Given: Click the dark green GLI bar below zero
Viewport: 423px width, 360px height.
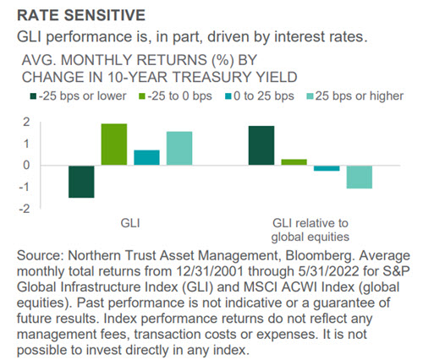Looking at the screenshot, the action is [x=81, y=182].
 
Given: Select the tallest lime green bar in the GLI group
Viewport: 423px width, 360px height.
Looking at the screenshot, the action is [x=114, y=145].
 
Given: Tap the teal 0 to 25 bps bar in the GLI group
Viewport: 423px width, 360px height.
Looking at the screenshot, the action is [x=146, y=157].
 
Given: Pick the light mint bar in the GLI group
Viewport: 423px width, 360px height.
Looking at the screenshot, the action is [x=179, y=148].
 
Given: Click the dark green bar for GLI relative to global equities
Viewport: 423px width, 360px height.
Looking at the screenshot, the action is [x=261, y=145].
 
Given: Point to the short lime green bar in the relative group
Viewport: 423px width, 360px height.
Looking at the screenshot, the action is [x=294, y=162].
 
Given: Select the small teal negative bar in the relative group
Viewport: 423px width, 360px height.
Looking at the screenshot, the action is [x=327, y=168].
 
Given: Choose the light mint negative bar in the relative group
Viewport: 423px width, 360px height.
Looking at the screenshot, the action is [x=360, y=177].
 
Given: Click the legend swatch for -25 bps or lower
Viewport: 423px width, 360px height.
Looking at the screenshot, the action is [x=34, y=96].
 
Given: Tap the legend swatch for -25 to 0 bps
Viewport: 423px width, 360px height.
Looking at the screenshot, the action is [x=142, y=96].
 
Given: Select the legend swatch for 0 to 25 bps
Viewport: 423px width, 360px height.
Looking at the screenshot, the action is [x=228, y=96].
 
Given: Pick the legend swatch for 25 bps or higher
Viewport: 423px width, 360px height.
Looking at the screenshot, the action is [x=310, y=96].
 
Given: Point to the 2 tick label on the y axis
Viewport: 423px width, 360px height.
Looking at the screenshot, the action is [x=26, y=122].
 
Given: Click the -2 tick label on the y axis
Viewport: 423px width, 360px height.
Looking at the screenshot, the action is [x=25, y=209].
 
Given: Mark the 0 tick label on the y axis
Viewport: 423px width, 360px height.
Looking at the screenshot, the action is [x=26, y=166].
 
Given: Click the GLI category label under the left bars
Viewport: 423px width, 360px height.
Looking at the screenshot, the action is [x=130, y=223].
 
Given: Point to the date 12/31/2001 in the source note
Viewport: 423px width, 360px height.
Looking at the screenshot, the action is [x=210, y=271].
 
